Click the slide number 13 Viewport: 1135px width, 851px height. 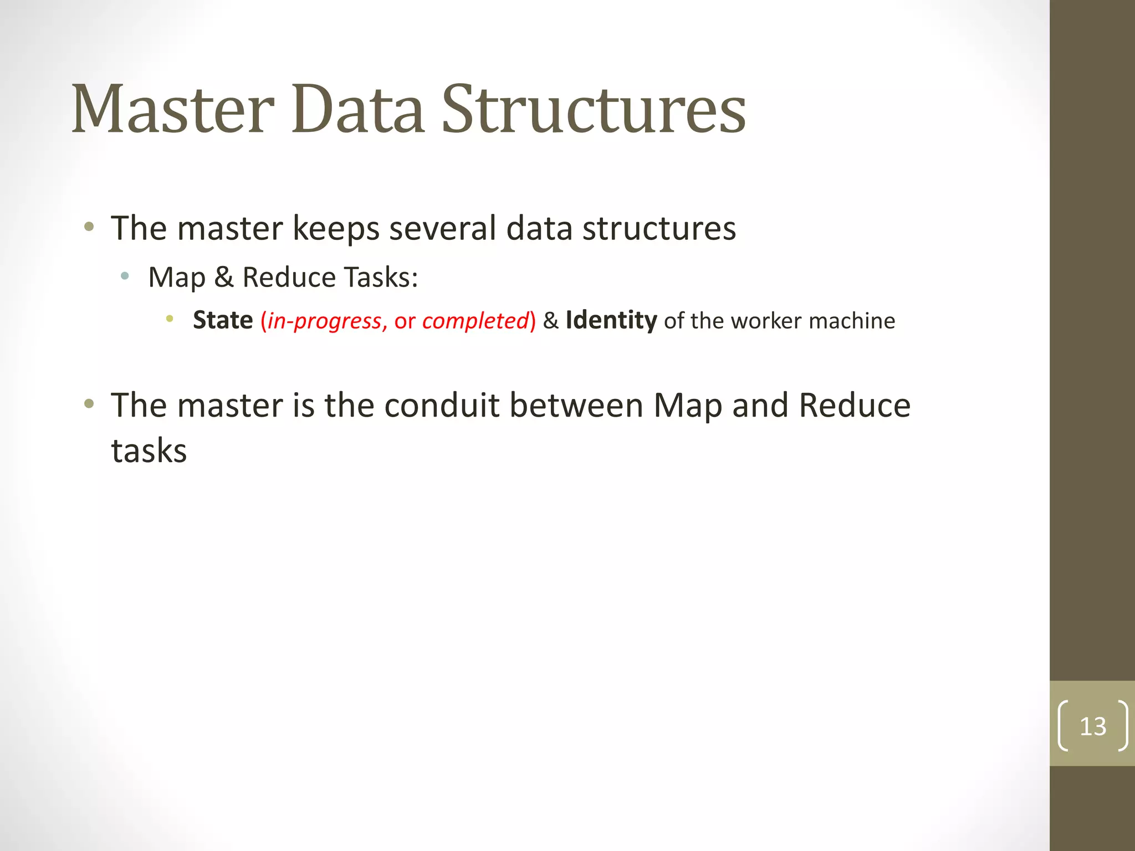(x=1092, y=726)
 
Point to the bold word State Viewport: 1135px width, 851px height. (x=223, y=320)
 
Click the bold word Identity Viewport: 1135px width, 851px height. (x=611, y=320)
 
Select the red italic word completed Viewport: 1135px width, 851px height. (x=476, y=321)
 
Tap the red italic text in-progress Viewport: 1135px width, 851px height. (x=325, y=321)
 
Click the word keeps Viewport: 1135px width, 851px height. (x=336, y=229)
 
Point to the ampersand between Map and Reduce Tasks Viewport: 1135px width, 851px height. (x=223, y=277)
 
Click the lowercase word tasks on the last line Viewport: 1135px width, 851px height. (x=149, y=450)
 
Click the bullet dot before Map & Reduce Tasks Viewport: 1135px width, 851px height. (x=125, y=275)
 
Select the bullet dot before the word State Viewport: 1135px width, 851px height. (x=170, y=319)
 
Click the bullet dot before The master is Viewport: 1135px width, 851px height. (x=89, y=403)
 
